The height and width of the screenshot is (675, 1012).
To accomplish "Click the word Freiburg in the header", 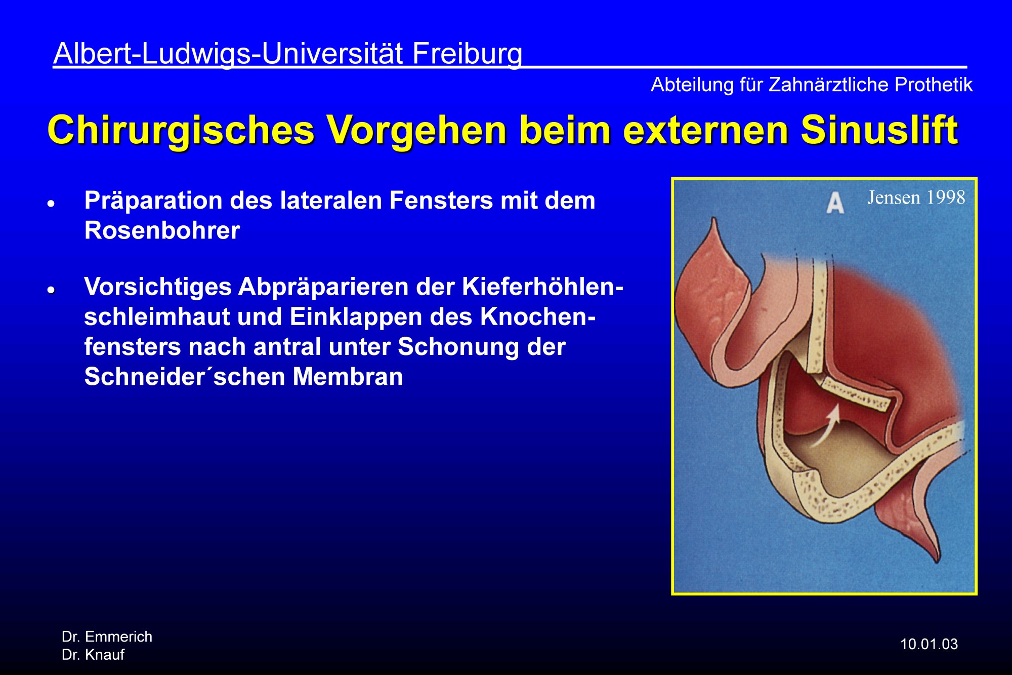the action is (x=467, y=54).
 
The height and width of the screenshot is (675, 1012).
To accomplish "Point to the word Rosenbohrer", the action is (x=162, y=231).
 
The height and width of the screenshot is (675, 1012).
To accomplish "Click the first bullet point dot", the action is (x=51, y=204).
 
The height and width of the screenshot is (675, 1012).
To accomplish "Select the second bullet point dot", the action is (x=51, y=290).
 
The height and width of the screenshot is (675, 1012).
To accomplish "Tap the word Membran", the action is (x=348, y=377).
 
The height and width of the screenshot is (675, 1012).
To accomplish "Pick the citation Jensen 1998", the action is (x=916, y=197).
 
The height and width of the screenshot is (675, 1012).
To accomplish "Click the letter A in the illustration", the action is (x=835, y=203).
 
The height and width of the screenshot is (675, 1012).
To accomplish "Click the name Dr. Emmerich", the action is (x=107, y=637).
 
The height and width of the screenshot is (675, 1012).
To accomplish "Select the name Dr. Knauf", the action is (x=93, y=655).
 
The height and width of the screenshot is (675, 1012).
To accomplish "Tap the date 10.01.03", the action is (x=929, y=644).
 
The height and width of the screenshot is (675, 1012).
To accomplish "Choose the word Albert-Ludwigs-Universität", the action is (x=228, y=53).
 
